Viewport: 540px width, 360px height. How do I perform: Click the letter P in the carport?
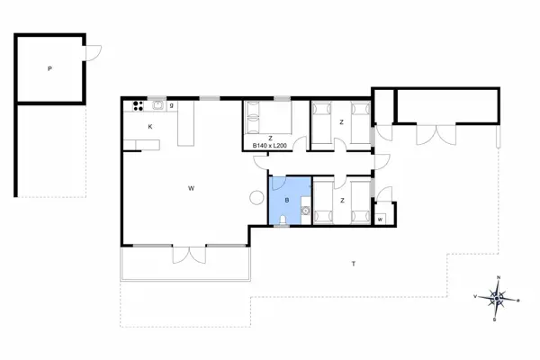49,69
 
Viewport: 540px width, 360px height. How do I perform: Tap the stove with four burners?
138,106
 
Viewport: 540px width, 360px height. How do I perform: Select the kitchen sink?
158,105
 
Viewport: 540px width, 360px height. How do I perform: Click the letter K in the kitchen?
150,127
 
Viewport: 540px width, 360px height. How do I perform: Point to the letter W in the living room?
191,188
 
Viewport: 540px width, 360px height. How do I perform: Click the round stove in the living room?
256,198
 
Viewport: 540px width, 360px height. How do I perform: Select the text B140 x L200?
270,146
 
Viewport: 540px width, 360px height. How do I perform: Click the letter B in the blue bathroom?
287,200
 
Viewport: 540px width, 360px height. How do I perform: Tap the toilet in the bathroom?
283,220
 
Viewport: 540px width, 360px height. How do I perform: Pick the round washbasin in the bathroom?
305,210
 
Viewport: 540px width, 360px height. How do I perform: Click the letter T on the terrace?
354,264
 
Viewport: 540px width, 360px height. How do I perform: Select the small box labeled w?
380,219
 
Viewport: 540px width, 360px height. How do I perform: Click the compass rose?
497,298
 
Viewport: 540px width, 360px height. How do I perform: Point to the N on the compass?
499,277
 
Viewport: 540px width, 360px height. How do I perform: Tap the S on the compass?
494,319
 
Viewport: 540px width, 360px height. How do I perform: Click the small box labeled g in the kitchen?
172,106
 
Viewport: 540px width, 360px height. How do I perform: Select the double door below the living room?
189,255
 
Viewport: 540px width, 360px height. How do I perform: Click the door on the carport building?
94,53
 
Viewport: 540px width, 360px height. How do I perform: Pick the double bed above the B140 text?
268,117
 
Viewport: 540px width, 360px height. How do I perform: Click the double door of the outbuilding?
436,134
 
